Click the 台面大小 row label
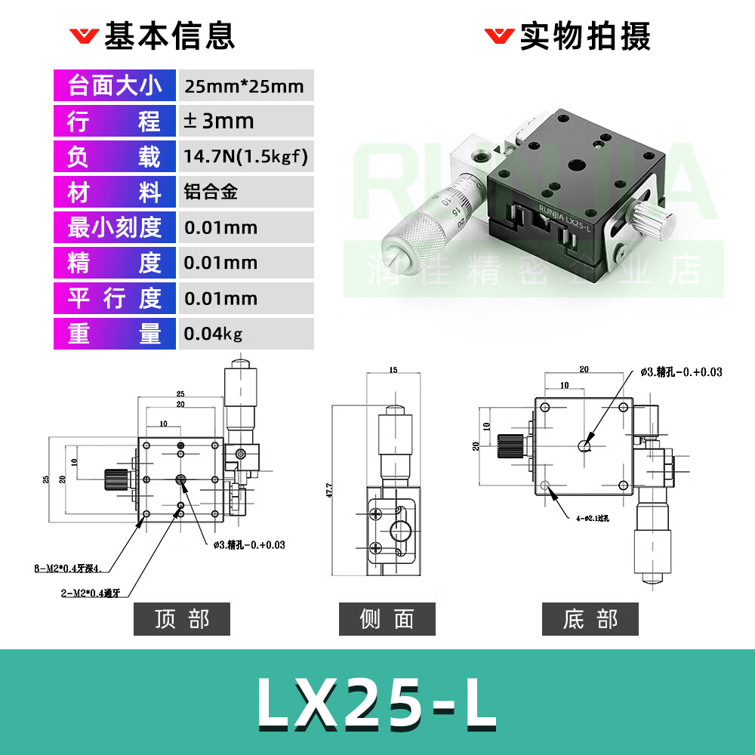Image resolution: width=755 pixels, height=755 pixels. click(115, 85)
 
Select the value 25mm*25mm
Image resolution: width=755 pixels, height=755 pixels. click(243, 86)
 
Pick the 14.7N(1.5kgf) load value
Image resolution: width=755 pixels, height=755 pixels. click(245, 156)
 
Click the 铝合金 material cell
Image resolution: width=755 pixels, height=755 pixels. click(211, 192)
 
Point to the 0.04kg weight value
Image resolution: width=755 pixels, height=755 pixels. click(213, 333)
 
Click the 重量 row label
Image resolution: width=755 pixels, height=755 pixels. click(115, 333)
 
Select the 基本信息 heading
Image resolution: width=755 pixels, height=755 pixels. click(169, 35)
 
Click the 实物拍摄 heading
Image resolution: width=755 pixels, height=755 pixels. click(584, 35)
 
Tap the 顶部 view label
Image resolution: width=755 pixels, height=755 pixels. click(182, 619)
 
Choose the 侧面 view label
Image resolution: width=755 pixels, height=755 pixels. click(387, 619)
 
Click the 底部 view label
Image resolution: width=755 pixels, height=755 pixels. click(590, 619)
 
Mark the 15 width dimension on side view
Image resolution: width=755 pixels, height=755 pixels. click(393, 370)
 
